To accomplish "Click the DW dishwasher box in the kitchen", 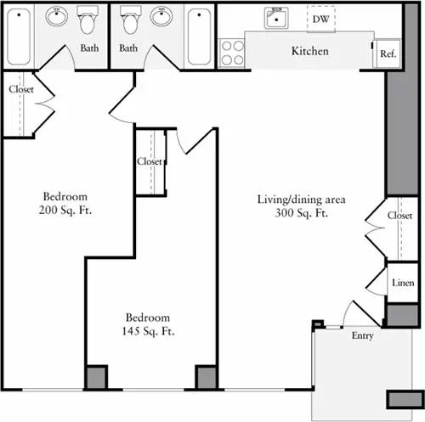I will [x=321, y=17].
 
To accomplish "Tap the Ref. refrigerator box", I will [x=388, y=53].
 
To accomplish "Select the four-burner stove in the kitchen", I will [x=232, y=53].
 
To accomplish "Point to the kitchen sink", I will [x=276, y=18].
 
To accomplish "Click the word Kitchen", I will [x=309, y=51].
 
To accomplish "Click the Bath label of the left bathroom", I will [x=89, y=48].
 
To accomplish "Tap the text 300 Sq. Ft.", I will [x=301, y=214].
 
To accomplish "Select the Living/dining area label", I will [x=301, y=200].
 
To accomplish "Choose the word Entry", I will [x=362, y=336].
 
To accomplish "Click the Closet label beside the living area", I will [x=399, y=216].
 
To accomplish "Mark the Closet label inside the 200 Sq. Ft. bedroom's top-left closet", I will [x=20, y=89].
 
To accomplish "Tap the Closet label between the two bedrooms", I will [x=150, y=161].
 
